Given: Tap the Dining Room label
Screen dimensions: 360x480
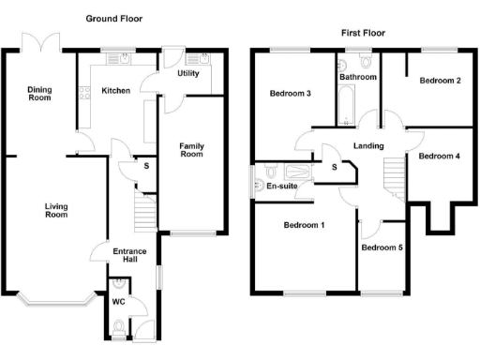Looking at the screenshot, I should click(39, 94).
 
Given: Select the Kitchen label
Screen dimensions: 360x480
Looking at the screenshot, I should click(115, 91).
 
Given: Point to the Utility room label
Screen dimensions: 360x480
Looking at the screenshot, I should click(187, 73).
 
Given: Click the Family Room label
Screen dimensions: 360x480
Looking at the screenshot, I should click(191, 149).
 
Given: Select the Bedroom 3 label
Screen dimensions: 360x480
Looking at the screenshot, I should click(291, 94).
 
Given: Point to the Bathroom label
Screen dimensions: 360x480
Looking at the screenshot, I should click(357, 77).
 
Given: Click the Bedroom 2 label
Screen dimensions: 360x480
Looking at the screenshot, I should click(440, 81).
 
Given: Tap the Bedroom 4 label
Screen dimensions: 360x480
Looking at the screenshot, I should click(439, 156).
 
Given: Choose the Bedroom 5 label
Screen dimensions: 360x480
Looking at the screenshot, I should click(382, 247).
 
